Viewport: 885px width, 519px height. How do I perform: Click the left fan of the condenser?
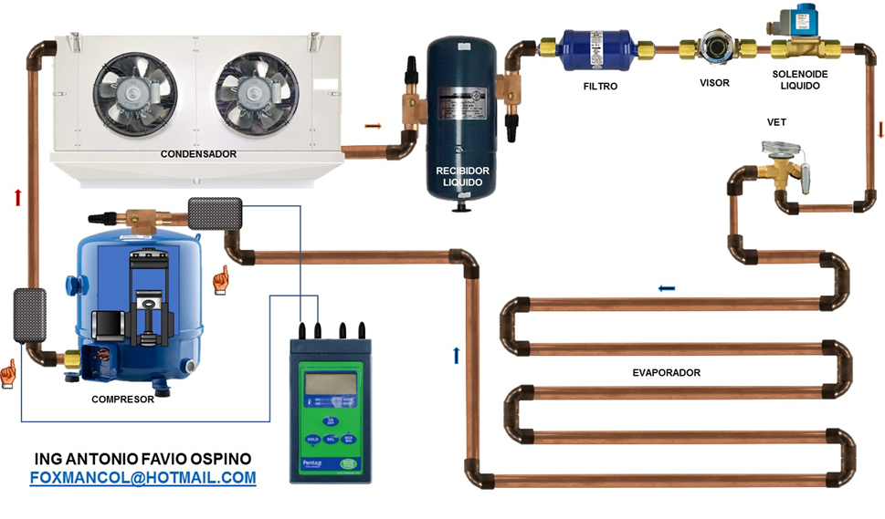point(133,88)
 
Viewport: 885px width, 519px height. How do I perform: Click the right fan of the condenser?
point(257,88)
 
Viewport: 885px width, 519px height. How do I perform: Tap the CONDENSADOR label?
point(198,154)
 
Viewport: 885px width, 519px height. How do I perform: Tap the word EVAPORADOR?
point(666,373)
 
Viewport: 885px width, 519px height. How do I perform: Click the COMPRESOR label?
point(122,400)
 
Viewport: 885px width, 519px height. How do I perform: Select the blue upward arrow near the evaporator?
point(456,355)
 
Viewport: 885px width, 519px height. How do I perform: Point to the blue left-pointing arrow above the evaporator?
point(667,289)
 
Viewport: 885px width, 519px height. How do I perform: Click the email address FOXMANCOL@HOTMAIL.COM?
point(142,477)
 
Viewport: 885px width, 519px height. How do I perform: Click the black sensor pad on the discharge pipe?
point(30,314)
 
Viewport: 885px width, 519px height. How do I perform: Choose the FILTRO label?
point(600,87)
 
